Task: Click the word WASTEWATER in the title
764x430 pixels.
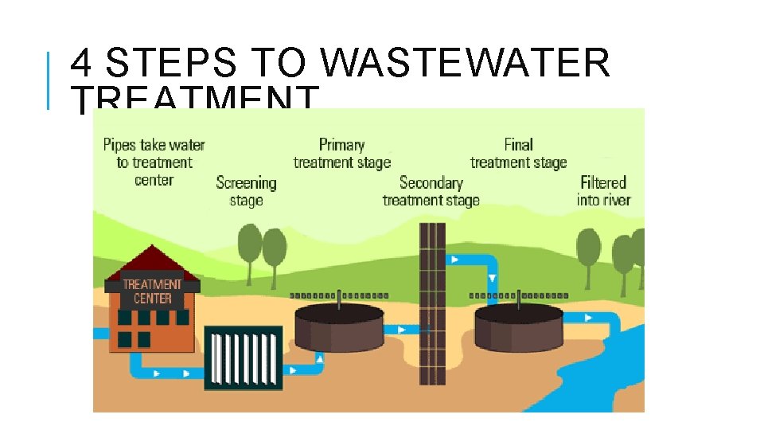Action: click(467, 63)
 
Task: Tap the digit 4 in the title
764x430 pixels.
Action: click(81, 63)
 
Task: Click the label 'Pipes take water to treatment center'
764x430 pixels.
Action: click(154, 162)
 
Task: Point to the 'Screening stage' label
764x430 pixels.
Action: click(246, 191)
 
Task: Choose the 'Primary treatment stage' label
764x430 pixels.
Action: click(342, 154)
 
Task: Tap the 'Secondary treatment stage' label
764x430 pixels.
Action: click(431, 191)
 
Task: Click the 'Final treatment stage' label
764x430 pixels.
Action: click(518, 154)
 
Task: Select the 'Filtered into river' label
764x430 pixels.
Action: click(603, 191)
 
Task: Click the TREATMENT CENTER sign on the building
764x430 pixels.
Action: click(152, 291)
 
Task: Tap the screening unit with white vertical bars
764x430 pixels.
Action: click(244, 358)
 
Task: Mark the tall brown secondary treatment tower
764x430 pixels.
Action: click(432, 303)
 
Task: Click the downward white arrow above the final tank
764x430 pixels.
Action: click(492, 278)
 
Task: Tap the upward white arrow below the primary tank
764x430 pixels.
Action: click(320, 359)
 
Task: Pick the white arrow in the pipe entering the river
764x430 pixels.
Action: click(588, 318)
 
